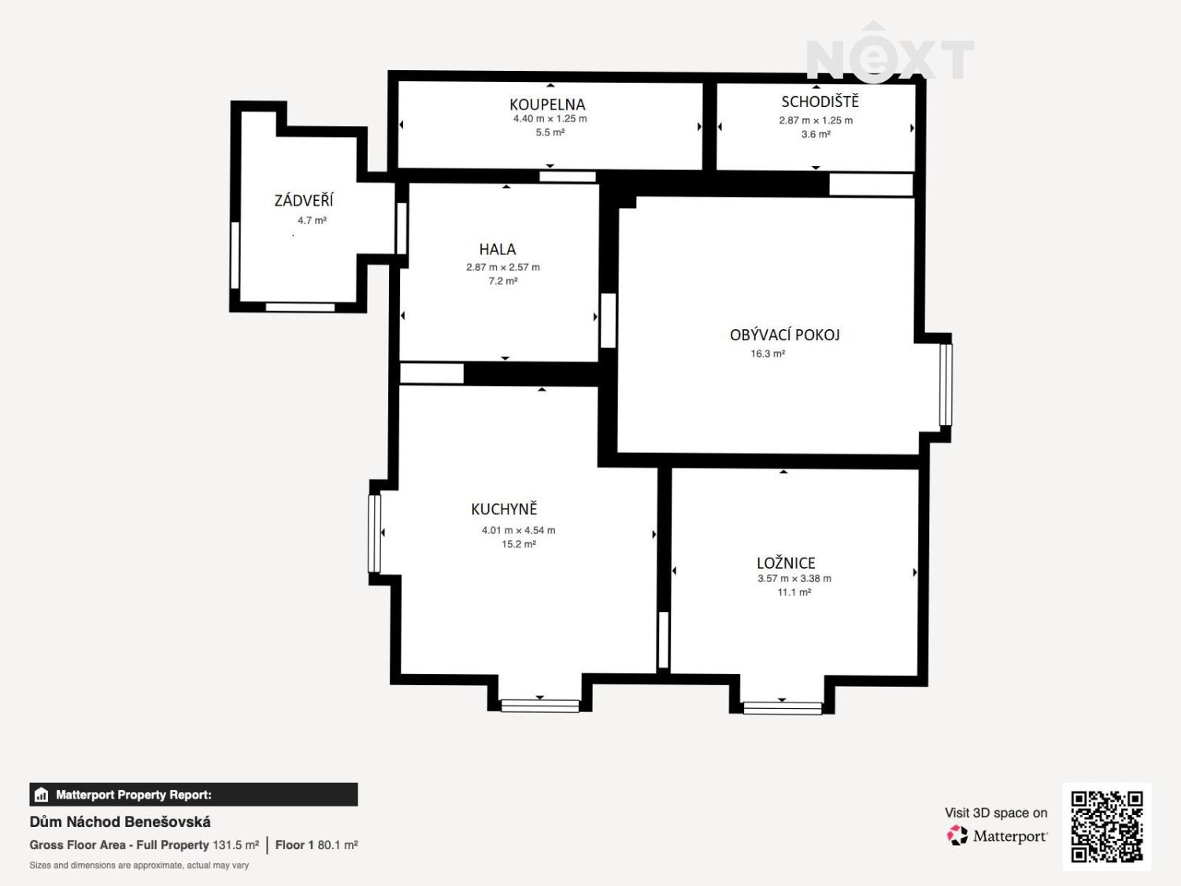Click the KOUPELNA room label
[x=547, y=105]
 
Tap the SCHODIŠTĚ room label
[x=820, y=102]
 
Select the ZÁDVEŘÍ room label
[x=303, y=201]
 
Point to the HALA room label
[x=498, y=249]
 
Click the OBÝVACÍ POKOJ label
[x=784, y=335]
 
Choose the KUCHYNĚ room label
[x=504, y=509]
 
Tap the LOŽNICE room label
[x=786, y=562]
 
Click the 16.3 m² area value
[x=768, y=354]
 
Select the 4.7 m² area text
[x=312, y=220]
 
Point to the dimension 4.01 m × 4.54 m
[x=519, y=530]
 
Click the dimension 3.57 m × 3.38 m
[x=794, y=578]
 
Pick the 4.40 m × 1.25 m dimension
[x=550, y=118]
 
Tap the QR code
[x=1106, y=826]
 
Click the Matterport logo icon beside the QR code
[x=957, y=836]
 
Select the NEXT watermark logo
[x=890, y=54]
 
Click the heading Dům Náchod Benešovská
[x=120, y=822]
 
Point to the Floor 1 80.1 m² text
[x=317, y=845]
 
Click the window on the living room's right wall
[x=946, y=384]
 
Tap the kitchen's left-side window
[x=375, y=534]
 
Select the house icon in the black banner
[x=42, y=795]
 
